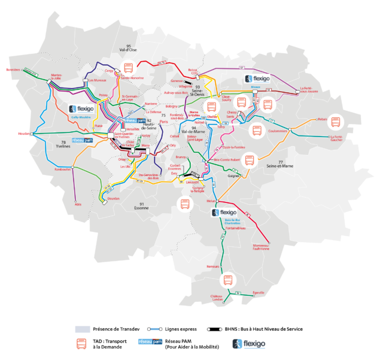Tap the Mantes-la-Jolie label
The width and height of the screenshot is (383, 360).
[x=57, y=77]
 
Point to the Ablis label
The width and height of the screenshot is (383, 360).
[x=78, y=204]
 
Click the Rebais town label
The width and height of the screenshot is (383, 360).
[x=323, y=119]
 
